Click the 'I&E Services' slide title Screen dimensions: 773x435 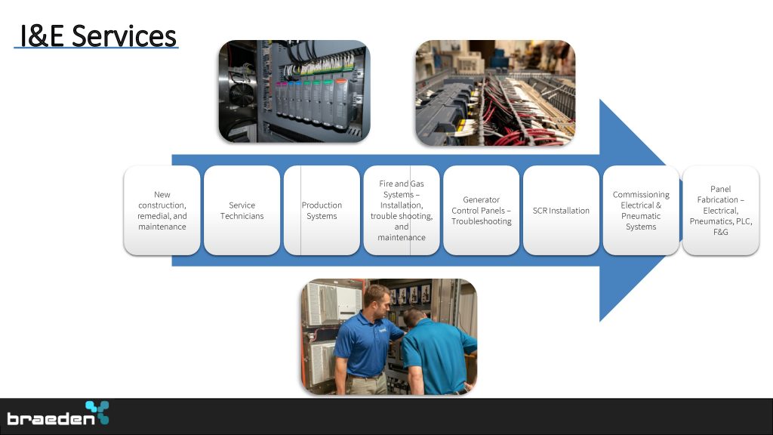97,36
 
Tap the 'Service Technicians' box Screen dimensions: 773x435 242,211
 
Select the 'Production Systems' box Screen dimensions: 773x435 322,211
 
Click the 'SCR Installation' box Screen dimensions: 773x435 561,211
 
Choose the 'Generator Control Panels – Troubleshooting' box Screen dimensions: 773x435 481,211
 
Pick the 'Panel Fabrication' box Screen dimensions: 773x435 721,211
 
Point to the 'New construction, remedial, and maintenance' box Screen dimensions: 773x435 162,211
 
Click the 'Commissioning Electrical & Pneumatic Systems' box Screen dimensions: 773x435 641,211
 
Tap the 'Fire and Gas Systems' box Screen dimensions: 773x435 402,211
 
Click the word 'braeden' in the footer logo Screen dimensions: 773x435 51,418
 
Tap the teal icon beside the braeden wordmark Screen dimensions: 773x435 97,412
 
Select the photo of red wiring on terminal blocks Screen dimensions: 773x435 495,93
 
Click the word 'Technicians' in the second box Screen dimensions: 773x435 242,216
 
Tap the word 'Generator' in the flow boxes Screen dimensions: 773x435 481,199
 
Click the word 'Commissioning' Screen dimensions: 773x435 641,194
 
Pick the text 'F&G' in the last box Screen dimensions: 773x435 721,232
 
